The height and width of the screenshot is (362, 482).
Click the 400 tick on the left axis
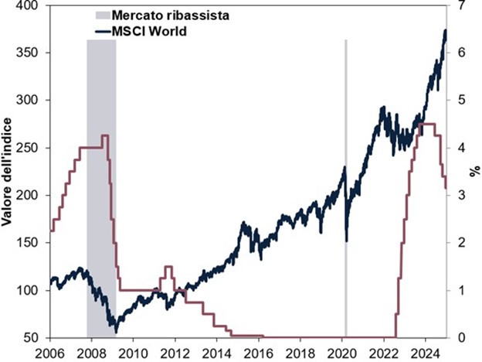click(x=29, y=5)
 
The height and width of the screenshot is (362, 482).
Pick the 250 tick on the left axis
click(x=29, y=148)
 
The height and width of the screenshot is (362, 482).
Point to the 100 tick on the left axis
click(x=29, y=290)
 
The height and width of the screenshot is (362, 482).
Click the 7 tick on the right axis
click(x=461, y=5)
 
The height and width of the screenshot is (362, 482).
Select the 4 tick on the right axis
click(x=461, y=148)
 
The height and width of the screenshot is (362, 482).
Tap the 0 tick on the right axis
click(x=461, y=338)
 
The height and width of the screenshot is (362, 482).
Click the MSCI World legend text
click(x=151, y=31)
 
